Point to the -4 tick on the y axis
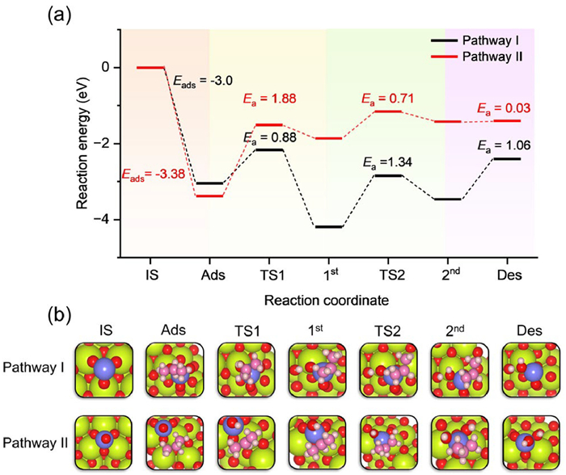click(106, 220)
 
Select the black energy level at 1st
click(327, 227)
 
